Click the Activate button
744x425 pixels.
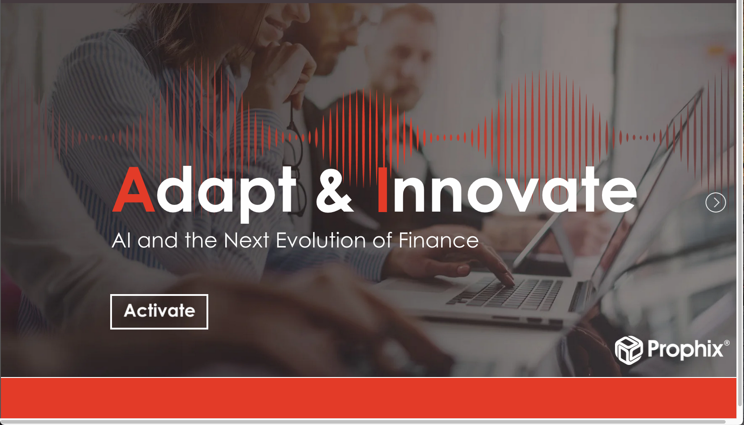click(159, 312)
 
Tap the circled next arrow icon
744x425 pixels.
click(715, 202)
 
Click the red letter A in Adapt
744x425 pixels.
click(133, 189)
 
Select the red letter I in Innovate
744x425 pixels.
click(383, 189)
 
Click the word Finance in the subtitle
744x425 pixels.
click(439, 240)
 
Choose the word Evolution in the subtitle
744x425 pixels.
click(321, 240)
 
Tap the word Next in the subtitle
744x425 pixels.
click(246, 240)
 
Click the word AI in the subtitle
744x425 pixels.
click(121, 240)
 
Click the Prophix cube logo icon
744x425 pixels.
click(629, 350)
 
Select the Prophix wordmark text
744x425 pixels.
click(685, 350)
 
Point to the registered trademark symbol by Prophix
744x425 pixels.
click(727, 343)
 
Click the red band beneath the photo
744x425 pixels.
click(368, 398)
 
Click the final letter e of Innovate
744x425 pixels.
click(619, 194)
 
